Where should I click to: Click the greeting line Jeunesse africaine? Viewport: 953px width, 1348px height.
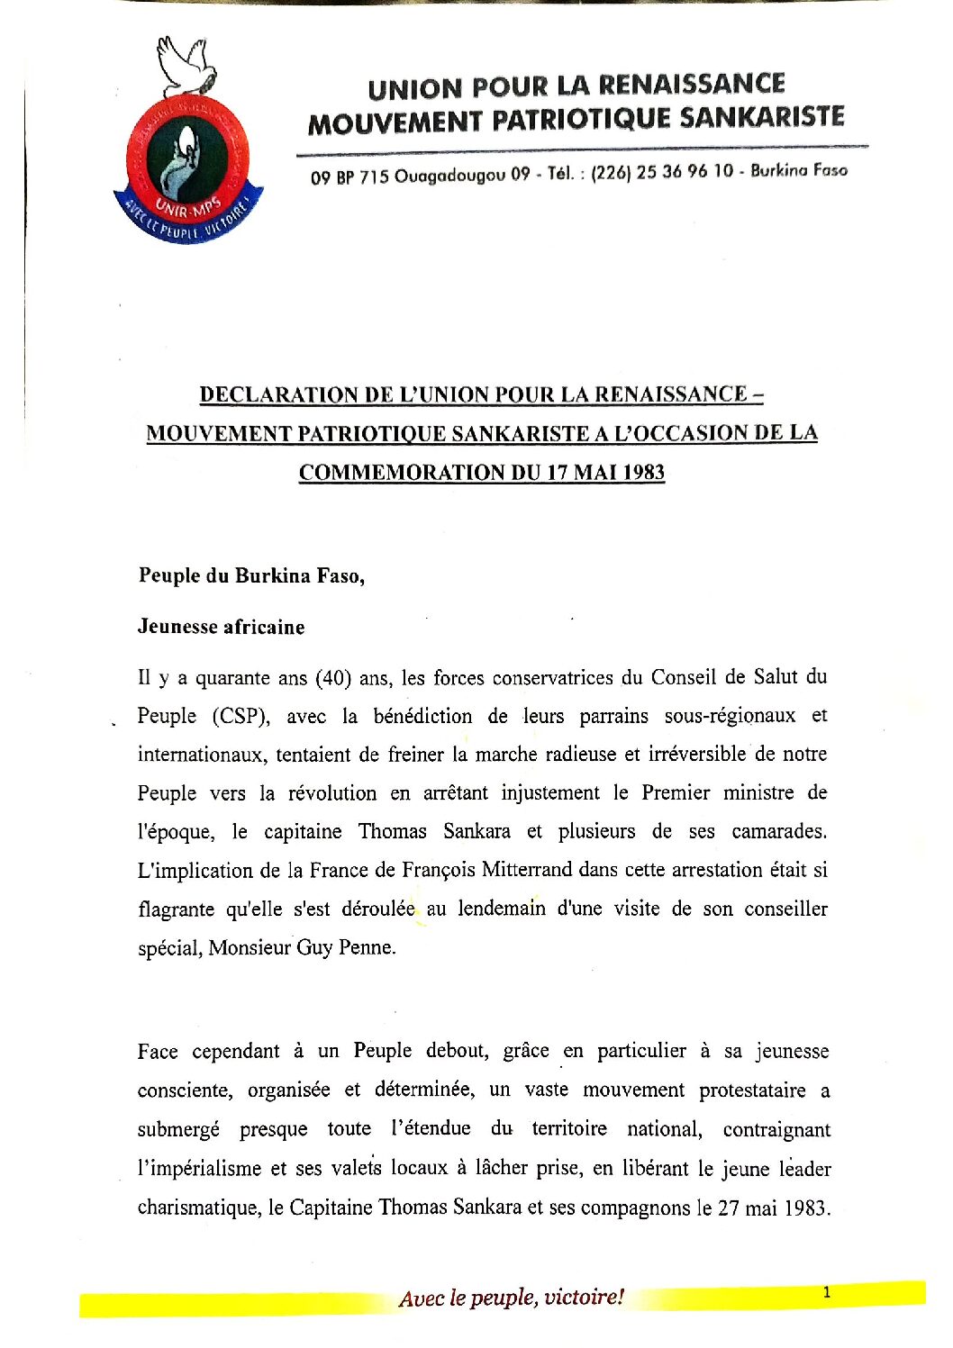pos(221,628)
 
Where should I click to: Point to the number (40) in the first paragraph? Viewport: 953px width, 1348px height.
pos(332,677)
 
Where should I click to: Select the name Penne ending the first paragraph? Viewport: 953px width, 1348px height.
pos(367,947)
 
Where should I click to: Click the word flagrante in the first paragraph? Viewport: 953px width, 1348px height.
pos(176,909)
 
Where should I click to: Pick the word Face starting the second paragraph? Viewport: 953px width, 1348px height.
pos(159,1052)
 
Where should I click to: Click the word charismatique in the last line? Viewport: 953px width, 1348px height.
pos(198,1208)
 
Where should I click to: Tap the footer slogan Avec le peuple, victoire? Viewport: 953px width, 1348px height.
pos(511,1298)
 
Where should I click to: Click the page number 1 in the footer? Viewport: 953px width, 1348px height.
pos(826,1293)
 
